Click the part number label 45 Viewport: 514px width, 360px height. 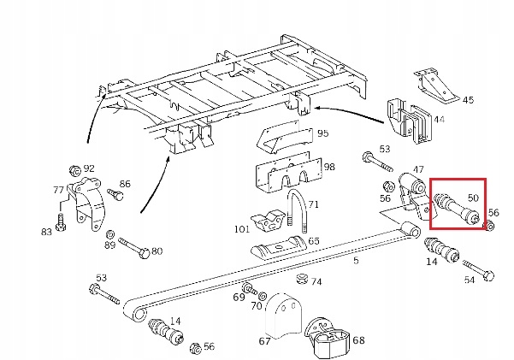469,100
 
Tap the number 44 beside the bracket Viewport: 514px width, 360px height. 439,120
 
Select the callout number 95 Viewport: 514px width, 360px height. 322,133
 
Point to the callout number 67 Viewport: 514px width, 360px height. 265,340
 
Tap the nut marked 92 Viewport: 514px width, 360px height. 74,169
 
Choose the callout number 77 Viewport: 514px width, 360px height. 58,190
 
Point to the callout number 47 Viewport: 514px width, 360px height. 418,170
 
